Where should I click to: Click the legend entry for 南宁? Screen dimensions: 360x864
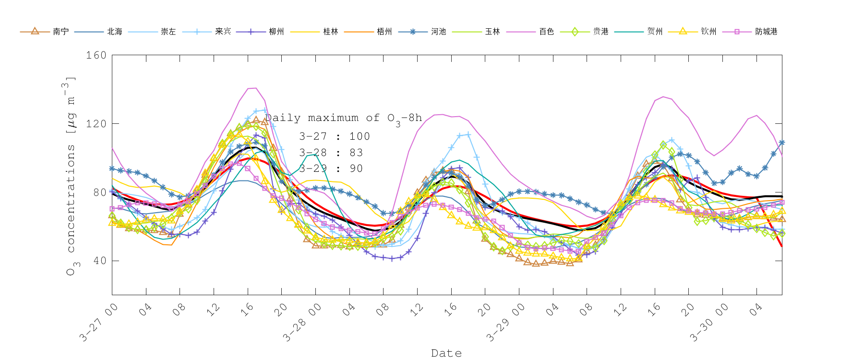[x=60, y=32]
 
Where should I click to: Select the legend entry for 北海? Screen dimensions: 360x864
[x=114, y=32]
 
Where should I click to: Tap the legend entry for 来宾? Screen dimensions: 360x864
[x=223, y=32]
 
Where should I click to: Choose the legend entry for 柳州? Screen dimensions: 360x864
[x=276, y=32]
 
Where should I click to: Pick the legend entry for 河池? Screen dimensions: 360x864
[x=438, y=32]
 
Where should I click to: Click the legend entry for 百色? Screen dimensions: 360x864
[x=546, y=32]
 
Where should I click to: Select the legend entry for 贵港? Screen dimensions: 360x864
[x=600, y=32]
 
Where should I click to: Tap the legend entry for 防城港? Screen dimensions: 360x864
[x=766, y=32]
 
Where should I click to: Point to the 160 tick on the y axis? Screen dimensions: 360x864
[x=96, y=55]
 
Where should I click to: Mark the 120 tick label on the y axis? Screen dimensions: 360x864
[x=96, y=124]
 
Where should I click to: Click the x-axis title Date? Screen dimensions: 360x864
[x=446, y=353]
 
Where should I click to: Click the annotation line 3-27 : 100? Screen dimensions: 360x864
[x=335, y=136]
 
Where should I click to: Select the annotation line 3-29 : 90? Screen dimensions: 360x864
[x=331, y=168]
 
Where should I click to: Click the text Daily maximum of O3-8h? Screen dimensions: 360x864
[x=344, y=118]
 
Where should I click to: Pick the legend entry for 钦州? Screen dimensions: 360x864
[x=708, y=32]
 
